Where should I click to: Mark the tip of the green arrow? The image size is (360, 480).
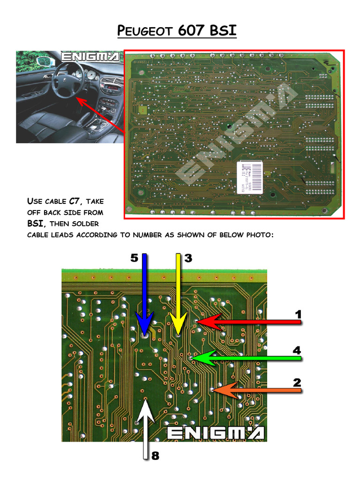(x=192, y=358)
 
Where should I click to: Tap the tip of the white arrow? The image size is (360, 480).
(x=146, y=399)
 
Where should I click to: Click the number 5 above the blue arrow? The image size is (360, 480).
(x=134, y=258)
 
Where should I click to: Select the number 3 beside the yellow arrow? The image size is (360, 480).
(x=188, y=258)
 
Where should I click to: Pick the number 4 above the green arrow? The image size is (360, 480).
(x=296, y=350)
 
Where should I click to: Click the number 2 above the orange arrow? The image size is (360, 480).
(x=296, y=382)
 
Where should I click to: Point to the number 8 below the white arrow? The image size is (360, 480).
(x=155, y=455)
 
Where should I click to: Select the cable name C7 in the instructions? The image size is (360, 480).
(x=76, y=202)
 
